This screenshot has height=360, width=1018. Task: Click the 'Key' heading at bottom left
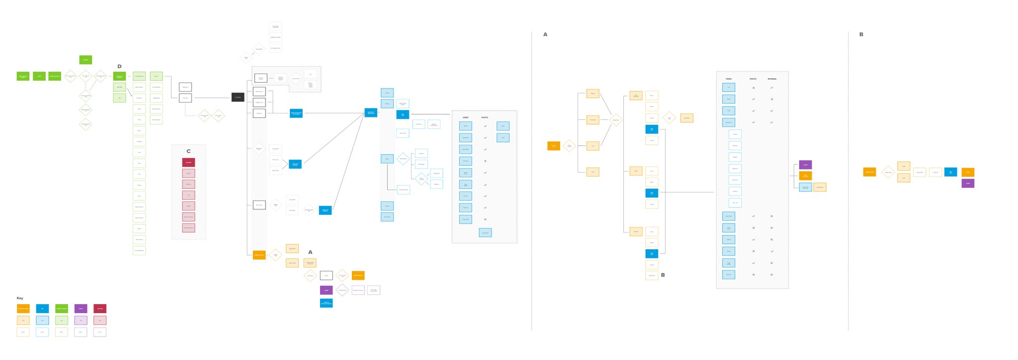pyautogui.click(x=20, y=298)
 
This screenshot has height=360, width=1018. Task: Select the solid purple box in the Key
pyautogui.click(x=81, y=309)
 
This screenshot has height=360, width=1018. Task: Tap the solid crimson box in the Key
pyautogui.click(x=100, y=309)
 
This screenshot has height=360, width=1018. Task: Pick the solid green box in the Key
pyautogui.click(x=62, y=309)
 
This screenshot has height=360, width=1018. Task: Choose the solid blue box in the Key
pyautogui.click(x=42, y=309)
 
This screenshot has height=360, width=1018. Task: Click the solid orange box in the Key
pyautogui.click(x=23, y=309)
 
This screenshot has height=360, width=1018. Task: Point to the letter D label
pyautogui.click(x=119, y=67)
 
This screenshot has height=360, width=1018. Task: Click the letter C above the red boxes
pyautogui.click(x=188, y=151)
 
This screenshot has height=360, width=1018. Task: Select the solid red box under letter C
pyautogui.click(x=188, y=163)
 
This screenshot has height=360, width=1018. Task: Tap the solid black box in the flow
pyautogui.click(x=238, y=97)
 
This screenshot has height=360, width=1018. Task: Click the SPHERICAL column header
pyautogui.click(x=772, y=79)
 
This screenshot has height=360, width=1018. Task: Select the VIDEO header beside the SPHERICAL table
pyautogui.click(x=729, y=79)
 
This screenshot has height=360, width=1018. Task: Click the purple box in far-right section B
pyautogui.click(x=968, y=183)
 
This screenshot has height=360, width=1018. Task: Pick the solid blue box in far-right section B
pyautogui.click(x=950, y=172)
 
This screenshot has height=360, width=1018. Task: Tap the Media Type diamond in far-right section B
pyautogui.click(x=888, y=172)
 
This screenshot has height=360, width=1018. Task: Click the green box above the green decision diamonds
pyautogui.click(x=85, y=60)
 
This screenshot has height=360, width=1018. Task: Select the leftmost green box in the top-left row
pyautogui.click(x=23, y=76)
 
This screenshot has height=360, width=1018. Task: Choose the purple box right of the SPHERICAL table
pyautogui.click(x=805, y=165)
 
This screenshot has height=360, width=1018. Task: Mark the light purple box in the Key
pyautogui.click(x=81, y=320)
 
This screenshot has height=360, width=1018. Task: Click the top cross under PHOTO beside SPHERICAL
pyautogui.click(x=754, y=88)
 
